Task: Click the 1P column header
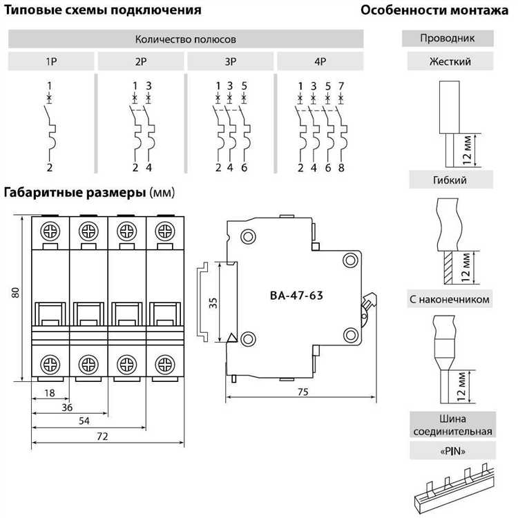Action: click(x=51, y=61)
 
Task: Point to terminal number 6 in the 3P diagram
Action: click(x=244, y=168)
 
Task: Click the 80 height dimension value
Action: click(x=15, y=293)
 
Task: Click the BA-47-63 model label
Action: click(x=297, y=296)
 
